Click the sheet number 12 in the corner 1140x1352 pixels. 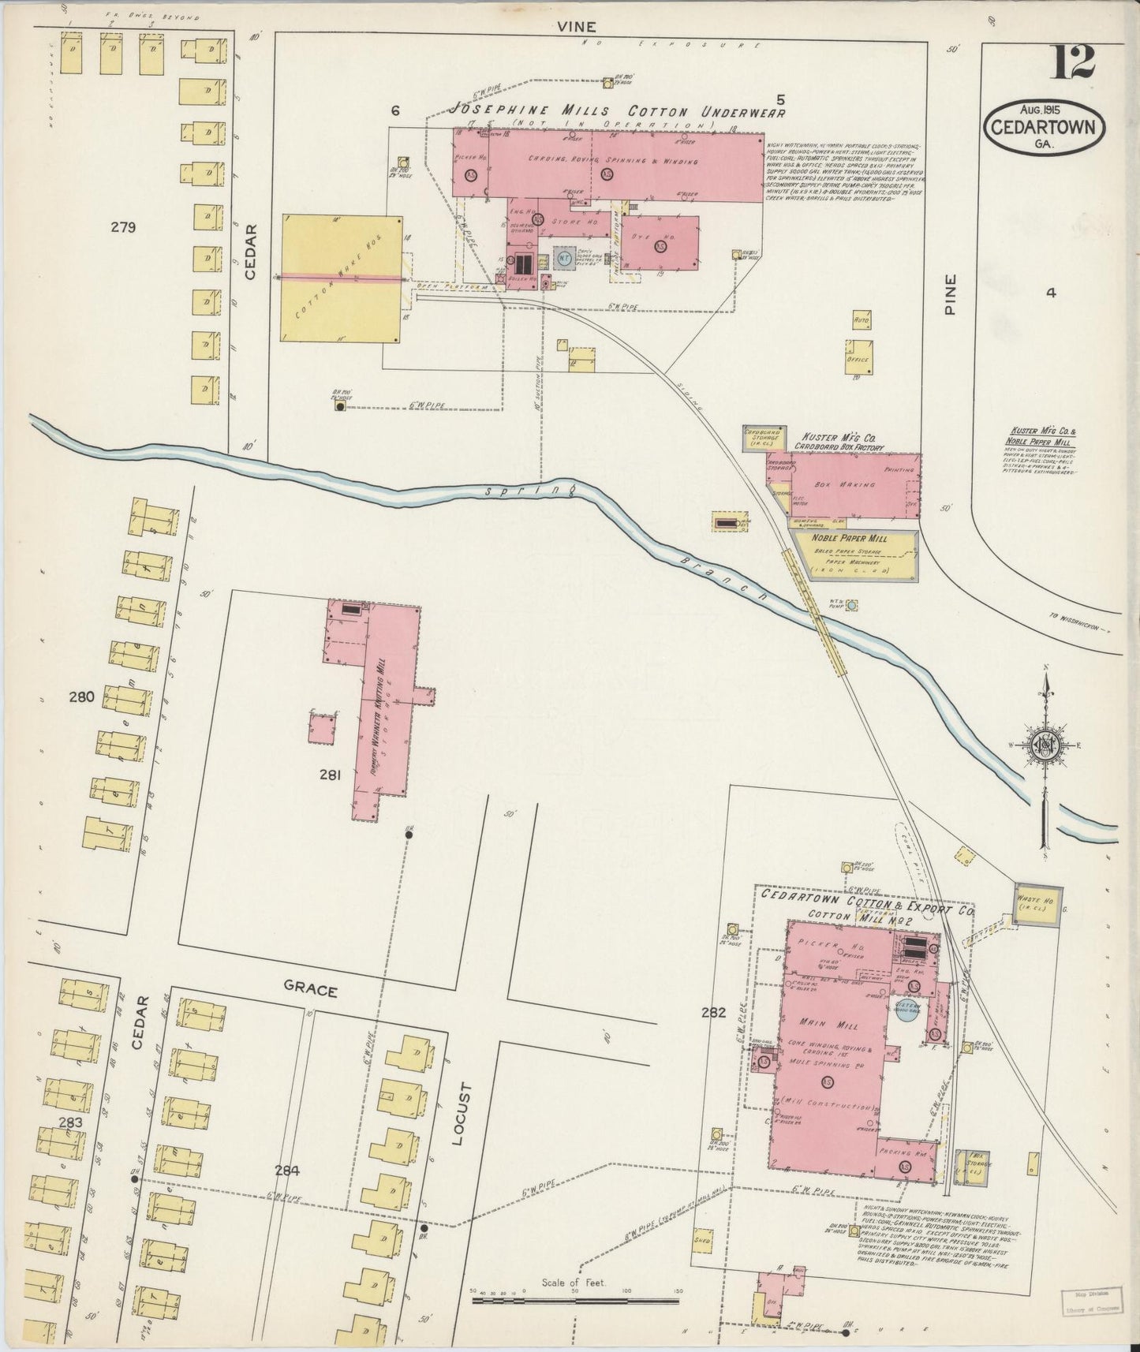click(x=1071, y=62)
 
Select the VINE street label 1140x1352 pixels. click(x=576, y=27)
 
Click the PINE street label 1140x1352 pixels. click(x=950, y=295)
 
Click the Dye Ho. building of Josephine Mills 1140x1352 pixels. click(x=660, y=244)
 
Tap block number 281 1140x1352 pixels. click(x=330, y=775)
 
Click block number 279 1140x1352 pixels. click(x=124, y=228)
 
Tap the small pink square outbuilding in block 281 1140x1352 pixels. click(x=321, y=727)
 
